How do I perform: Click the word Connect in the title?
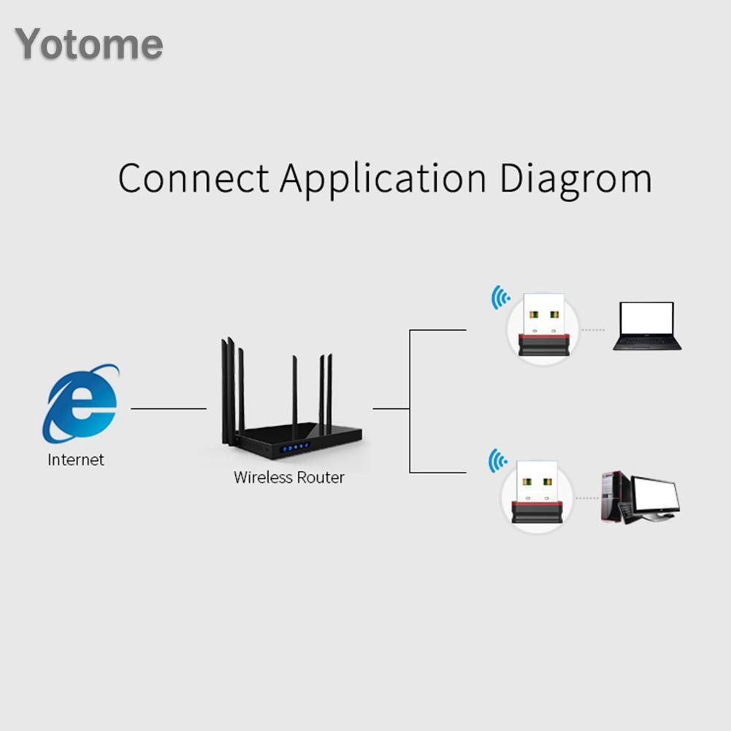[x=193, y=179]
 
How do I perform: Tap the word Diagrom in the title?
[x=575, y=179]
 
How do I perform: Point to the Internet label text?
[x=76, y=460]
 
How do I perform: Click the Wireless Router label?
[x=288, y=478]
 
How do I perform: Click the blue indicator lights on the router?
[x=296, y=446]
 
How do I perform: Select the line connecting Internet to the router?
[x=168, y=409]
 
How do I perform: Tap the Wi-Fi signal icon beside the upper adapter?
[x=500, y=297]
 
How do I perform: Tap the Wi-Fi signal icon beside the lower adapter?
[x=497, y=461]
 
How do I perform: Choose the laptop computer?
[x=646, y=326]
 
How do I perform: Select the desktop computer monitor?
[x=654, y=495]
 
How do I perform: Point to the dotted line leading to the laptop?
[x=593, y=330]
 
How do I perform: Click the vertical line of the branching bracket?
[x=410, y=402]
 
